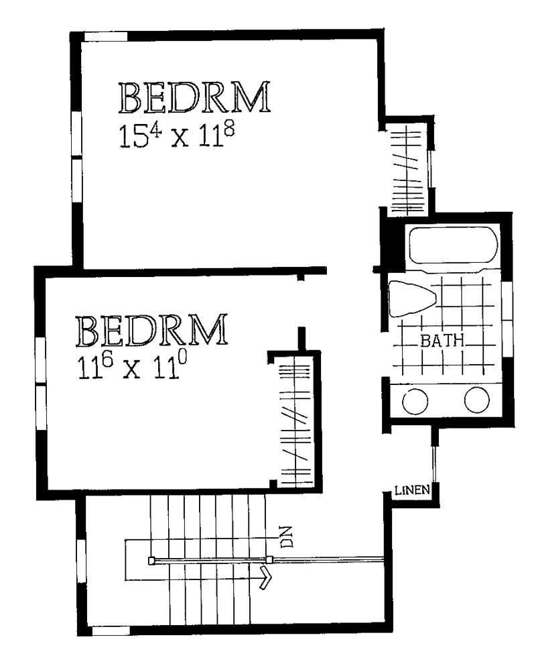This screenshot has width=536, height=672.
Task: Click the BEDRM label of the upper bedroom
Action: pyautogui.click(x=194, y=97)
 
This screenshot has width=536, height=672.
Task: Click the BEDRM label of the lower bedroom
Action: pyautogui.click(x=151, y=330)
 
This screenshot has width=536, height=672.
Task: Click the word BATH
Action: pyautogui.click(x=442, y=341)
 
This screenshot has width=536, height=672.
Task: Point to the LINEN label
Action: pyautogui.click(x=412, y=490)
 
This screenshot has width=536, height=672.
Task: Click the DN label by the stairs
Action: pyautogui.click(x=287, y=536)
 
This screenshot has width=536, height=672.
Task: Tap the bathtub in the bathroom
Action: pyautogui.click(x=454, y=245)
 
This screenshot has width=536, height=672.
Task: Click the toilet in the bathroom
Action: pyautogui.click(x=412, y=298)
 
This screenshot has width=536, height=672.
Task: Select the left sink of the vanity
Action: pyautogui.click(x=415, y=401)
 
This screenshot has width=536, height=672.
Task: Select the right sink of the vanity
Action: pyautogui.click(x=477, y=400)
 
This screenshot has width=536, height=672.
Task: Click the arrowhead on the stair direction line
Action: pyautogui.click(x=266, y=578)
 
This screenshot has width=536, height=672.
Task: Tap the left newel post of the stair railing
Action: pyautogui.click(x=151, y=560)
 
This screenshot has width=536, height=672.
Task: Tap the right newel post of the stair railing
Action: pyautogui.click(x=269, y=559)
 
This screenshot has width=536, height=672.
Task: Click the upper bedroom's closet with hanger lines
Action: pyautogui.click(x=409, y=168)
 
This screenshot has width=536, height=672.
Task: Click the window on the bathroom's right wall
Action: pyautogui.click(x=507, y=319)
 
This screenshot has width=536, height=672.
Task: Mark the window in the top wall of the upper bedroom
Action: pyautogui.click(x=105, y=36)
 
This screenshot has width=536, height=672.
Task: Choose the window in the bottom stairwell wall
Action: pyautogui.click(x=111, y=630)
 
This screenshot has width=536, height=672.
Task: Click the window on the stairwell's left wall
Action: pyautogui.click(x=81, y=561)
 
